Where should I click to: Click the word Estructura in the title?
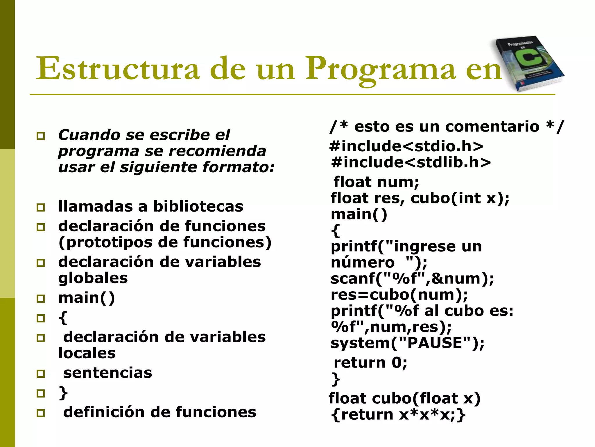click(x=117, y=69)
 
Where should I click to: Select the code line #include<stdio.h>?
click(x=406, y=146)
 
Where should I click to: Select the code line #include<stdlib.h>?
click(x=411, y=162)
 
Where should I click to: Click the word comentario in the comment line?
click(x=492, y=127)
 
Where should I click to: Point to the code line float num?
click(x=376, y=182)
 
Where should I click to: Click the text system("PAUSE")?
click(x=408, y=343)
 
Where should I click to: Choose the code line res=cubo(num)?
click(x=399, y=295)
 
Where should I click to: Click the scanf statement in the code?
click(x=412, y=279)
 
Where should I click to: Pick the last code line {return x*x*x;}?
click(x=398, y=414)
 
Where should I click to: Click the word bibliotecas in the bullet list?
click(x=198, y=207)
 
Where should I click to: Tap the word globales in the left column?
click(x=93, y=278)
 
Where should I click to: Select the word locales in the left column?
click(x=87, y=353)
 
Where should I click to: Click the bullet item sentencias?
click(x=107, y=373)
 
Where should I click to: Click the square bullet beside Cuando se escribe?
click(x=41, y=136)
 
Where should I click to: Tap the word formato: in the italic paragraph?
click(x=238, y=168)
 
